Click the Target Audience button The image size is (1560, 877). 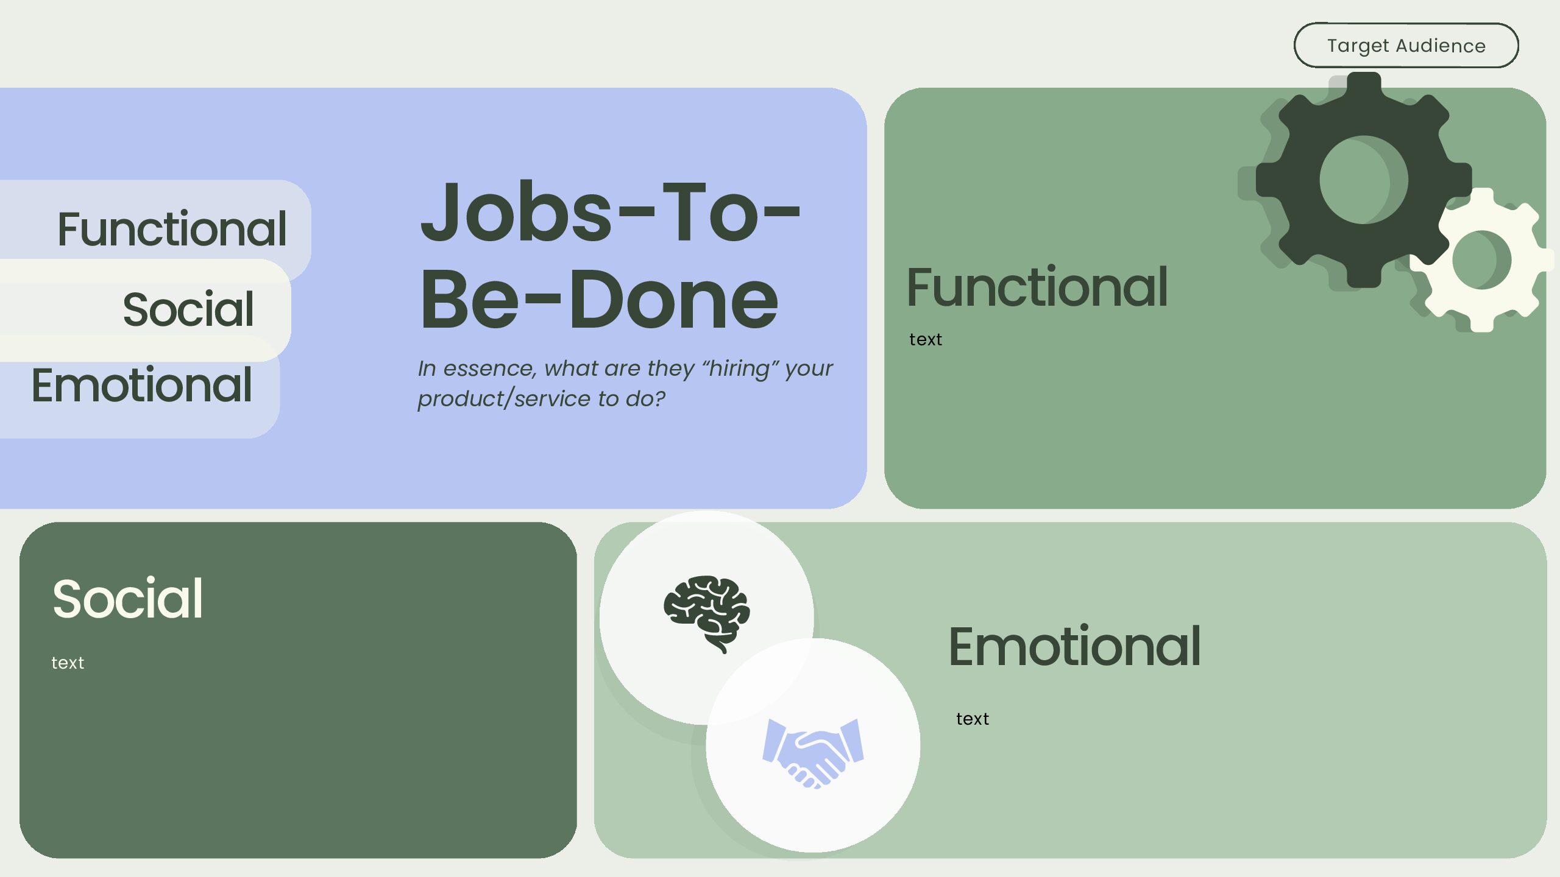tap(1406, 46)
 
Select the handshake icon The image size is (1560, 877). tap(814, 753)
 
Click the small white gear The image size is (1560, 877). tap(1482, 260)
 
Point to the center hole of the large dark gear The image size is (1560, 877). tap(1364, 180)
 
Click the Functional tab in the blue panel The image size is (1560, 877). tap(172, 229)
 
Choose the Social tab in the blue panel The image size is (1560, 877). tap(188, 309)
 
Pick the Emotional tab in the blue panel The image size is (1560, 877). tap(141, 386)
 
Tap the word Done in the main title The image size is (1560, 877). tap(673, 300)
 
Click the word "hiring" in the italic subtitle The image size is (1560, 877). tap(740, 368)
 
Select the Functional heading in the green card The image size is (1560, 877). tap(1037, 287)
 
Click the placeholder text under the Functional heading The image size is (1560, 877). tap(925, 340)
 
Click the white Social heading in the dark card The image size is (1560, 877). tap(127, 599)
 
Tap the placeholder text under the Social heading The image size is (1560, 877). tap(68, 663)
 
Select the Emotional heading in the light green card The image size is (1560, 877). tap(1074, 647)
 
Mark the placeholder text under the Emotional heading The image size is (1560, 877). tap(972, 719)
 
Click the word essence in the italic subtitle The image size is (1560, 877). tap(489, 368)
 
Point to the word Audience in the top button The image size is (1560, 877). tap(1441, 46)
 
